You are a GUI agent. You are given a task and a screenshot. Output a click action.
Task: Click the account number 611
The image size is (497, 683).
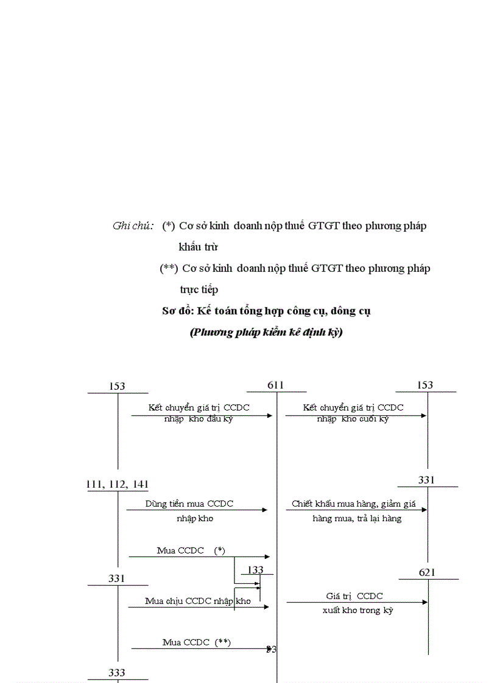tap(275, 385)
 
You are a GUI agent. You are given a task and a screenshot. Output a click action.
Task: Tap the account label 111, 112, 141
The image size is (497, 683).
tap(118, 484)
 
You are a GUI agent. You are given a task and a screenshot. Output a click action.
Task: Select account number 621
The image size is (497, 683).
tap(428, 572)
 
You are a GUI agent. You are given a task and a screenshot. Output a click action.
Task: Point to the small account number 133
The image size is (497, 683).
tap(256, 569)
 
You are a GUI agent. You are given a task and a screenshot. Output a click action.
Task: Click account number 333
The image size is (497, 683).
tap(117, 672)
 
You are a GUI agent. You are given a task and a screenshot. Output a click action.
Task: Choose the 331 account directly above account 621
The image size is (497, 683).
tap(426, 480)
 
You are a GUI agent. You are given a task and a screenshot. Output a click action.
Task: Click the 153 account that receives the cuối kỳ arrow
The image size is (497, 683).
tap(425, 385)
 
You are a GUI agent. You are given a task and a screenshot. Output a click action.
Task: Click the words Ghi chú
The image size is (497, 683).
tap(133, 226)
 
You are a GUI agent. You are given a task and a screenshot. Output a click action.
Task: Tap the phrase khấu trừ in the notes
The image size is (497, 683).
tap(199, 247)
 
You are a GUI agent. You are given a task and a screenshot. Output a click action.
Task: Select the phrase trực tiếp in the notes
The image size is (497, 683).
tap(199, 289)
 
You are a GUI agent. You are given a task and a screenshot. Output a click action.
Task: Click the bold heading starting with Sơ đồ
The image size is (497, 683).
tap(267, 311)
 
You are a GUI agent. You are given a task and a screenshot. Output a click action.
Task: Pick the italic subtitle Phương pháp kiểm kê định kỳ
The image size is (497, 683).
tap(266, 333)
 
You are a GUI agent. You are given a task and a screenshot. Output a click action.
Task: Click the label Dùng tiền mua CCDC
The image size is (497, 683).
tap(189, 504)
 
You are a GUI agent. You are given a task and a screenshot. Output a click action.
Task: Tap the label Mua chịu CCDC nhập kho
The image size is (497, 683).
tap(198, 601)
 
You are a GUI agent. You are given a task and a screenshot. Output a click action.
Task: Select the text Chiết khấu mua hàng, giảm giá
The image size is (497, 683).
tap(354, 504)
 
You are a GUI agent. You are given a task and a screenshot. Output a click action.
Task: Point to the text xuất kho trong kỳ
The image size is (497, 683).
tap(358, 610)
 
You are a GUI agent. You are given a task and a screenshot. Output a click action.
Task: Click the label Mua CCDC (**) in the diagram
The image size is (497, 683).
tap(197, 642)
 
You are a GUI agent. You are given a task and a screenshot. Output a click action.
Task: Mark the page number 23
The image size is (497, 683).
tap(272, 650)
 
